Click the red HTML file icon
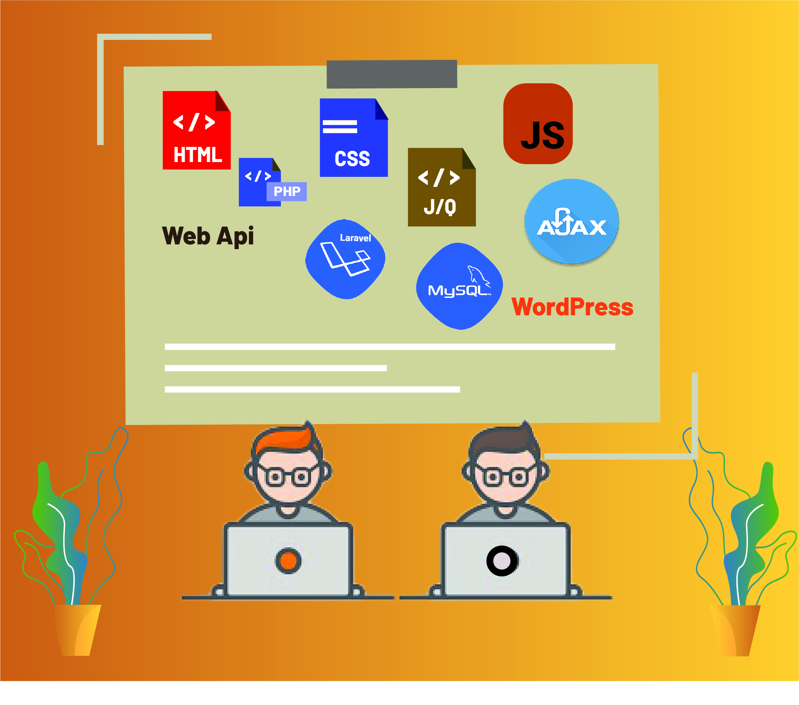[196, 130]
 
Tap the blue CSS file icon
[354, 138]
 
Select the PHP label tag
[287, 192]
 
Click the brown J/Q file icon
[442, 187]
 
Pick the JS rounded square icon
[538, 123]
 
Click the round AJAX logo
[571, 222]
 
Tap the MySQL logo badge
[459, 286]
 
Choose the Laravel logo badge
[345, 259]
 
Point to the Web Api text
[208, 236]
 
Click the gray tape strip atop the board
[392, 74]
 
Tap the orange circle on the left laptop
[288, 561]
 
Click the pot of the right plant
[735, 630]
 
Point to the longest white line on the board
[390, 347]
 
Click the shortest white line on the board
[276, 368]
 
